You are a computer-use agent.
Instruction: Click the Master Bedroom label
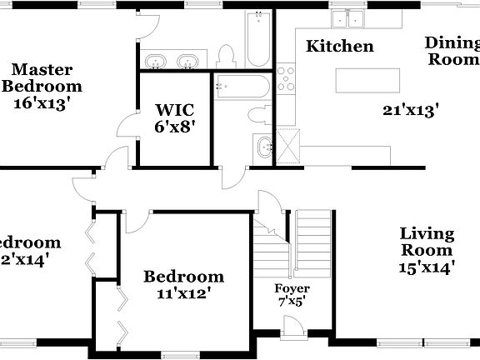42,77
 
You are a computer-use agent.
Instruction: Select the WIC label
174,108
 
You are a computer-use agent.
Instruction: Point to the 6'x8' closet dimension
174,128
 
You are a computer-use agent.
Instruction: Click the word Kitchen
340,46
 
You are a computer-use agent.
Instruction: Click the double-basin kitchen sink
350,18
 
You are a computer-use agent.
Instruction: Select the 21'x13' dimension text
411,109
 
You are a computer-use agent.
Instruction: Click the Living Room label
427,242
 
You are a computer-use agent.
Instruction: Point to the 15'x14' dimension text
426,267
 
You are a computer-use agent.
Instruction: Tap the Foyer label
292,288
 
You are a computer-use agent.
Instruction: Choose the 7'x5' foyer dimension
292,302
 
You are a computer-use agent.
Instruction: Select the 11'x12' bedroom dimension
183,293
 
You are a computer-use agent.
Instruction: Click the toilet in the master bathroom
225,56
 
